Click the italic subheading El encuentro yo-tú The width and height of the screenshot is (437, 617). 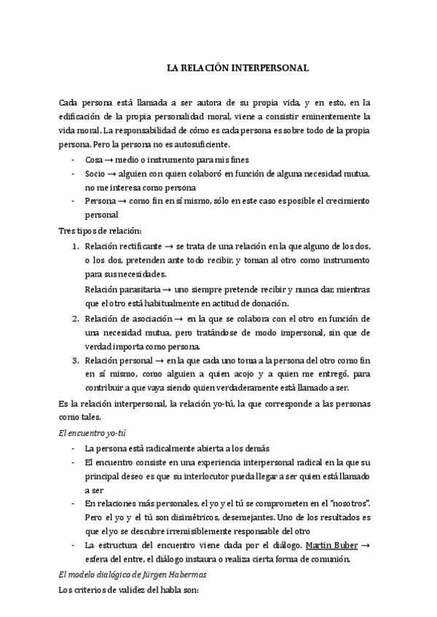(x=88, y=432)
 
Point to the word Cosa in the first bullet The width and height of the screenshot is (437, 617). (x=94, y=159)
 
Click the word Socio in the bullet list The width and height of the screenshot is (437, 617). (x=95, y=173)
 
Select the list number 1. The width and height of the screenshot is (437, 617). (x=76, y=247)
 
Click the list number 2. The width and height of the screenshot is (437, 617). (x=76, y=319)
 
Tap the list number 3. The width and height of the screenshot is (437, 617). (x=76, y=360)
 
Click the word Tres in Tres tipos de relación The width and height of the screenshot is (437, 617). (x=66, y=230)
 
